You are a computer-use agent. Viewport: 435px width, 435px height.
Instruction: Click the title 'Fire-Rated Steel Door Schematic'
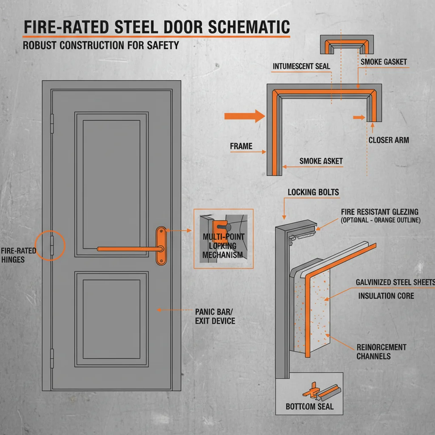[x=156, y=27]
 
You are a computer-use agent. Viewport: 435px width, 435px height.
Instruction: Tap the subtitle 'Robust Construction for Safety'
[x=101, y=45]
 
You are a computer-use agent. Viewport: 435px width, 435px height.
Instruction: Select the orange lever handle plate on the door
[x=161, y=246]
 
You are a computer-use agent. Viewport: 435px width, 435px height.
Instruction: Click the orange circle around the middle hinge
[x=51, y=245]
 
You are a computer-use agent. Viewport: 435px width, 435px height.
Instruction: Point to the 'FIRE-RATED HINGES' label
[x=18, y=254]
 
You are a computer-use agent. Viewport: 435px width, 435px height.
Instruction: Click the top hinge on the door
[x=52, y=122]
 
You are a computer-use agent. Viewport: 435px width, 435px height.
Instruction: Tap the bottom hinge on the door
[x=52, y=358]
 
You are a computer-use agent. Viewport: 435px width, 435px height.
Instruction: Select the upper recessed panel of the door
[x=111, y=184]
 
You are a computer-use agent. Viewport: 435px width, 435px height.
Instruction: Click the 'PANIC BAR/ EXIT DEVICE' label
[x=215, y=316]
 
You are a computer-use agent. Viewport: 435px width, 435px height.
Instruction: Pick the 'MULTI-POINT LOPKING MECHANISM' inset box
[x=223, y=238]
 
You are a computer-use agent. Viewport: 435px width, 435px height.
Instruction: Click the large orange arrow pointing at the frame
[x=244, y=116]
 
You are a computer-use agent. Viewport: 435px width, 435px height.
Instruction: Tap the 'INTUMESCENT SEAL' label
[x=301, y=67]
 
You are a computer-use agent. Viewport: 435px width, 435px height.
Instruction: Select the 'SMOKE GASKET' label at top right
[x=384, y=62]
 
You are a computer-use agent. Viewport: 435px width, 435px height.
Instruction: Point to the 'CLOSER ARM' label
[x=389, y=140]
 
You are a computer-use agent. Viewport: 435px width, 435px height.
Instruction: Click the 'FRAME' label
[x=241, y=146]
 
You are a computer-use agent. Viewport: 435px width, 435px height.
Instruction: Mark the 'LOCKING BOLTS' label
[x=313, y=192]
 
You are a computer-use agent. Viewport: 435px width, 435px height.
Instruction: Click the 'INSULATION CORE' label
[x=386, y=296]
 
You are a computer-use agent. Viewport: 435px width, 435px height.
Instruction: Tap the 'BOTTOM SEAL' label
[x=309, y=407]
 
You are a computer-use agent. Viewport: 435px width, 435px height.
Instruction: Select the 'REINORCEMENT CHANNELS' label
[x=381, y=352]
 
